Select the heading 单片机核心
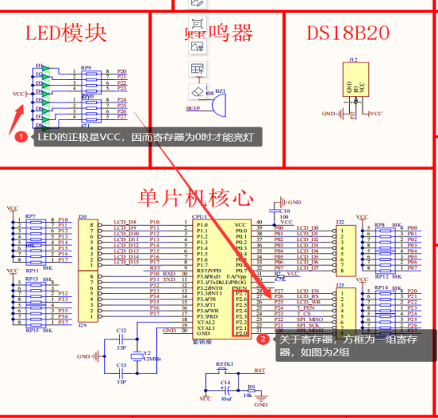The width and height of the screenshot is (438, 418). point(196,197)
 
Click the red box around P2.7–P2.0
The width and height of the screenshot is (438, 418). point(240,314)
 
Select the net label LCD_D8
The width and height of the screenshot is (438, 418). point(126,222)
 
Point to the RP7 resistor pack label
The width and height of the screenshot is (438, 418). point(30,216)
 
